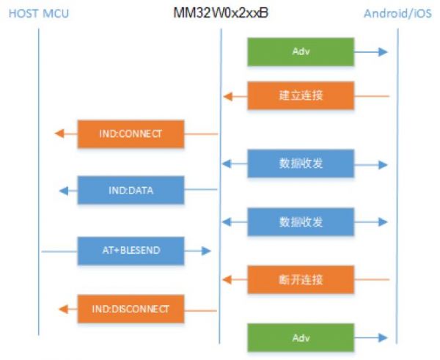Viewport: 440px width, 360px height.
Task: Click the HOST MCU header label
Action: coord(38,13)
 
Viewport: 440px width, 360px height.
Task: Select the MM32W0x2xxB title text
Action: coord(220,12)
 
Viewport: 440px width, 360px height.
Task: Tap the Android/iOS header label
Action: coord(398,13)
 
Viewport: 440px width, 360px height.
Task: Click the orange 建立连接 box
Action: coord(301,96)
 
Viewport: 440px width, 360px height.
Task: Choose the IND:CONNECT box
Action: coord(130,133)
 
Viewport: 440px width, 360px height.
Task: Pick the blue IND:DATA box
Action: coord(130,191)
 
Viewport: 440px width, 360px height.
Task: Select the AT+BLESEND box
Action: coord(130,251)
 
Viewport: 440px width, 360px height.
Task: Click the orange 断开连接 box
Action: coord(301,279)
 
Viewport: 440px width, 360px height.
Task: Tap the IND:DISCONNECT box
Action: coord(130,309)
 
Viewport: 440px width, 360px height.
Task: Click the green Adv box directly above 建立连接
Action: coord(301,52)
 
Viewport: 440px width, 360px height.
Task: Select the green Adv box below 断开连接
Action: coord(301,338)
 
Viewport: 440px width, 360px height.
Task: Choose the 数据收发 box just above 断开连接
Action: coord(301,221)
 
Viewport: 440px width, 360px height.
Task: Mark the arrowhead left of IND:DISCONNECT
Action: coord(62,309)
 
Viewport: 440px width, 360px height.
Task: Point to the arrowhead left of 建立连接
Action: coord(228,96)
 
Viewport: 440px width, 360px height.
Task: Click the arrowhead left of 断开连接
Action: coord(228,279)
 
